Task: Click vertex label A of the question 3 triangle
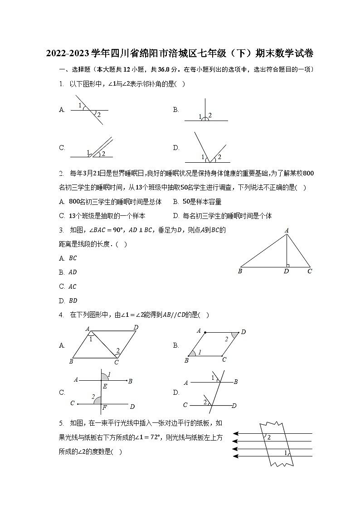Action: click(x=287, y=231)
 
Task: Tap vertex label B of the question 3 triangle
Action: click(x=239, y=271)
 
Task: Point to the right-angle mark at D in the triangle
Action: click(x=287, y=265)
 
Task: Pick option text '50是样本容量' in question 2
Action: click(x=202, y=202)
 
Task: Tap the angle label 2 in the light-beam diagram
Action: click(x=269, y=437)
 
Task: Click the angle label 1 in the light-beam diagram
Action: click(x=285, y=452)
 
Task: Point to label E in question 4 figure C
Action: click(x=104, y=386)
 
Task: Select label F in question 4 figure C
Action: click(x=104, y=408)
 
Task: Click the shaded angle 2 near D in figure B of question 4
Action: click(x=234, y=336)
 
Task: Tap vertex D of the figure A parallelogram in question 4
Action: click(x=136, y=327)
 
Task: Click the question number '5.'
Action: click(x=61, y=423)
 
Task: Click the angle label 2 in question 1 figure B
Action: click(x=210, y=115)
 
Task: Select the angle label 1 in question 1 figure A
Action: click(x=80, y=106)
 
